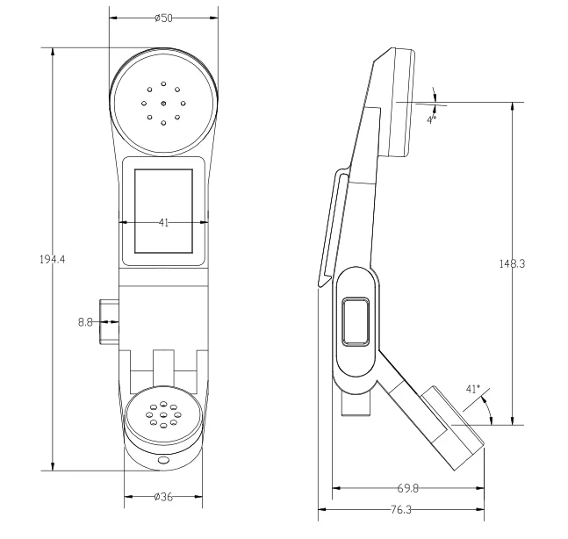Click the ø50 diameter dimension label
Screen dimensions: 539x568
click(163, 18)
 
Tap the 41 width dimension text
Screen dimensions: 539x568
click(163, 223)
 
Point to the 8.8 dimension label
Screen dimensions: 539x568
click(86, 322)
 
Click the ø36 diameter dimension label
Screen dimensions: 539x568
click(163, 497)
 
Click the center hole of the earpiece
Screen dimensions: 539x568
click(163, 103)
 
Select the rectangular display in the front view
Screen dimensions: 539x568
click(163, 209)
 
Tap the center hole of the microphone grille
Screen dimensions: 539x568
click(163, 415)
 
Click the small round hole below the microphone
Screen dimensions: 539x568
click(163, 460)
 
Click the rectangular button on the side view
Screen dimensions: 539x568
click(356, 321)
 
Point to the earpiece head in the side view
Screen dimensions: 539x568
click(400, 101)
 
